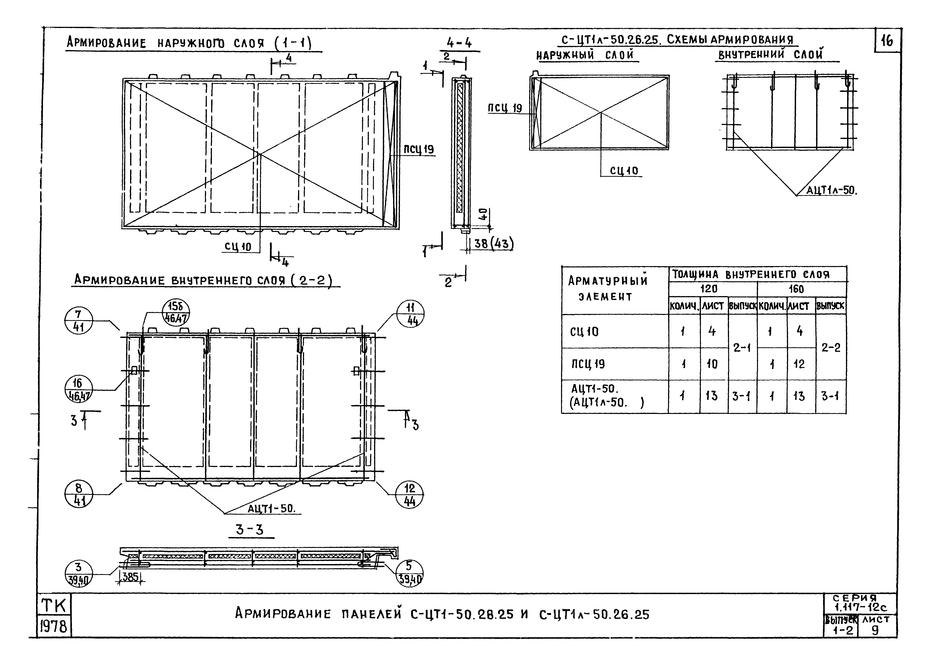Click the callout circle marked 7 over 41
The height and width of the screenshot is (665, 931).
pos(79,321)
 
